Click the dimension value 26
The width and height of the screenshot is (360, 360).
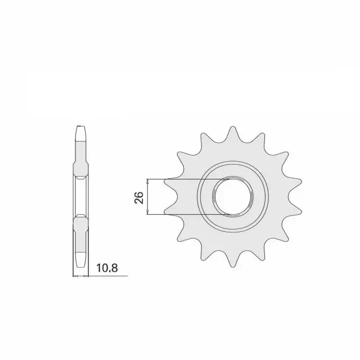(139, 197)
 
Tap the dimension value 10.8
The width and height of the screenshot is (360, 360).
(107, 268)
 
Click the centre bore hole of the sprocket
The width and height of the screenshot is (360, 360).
(233, 197)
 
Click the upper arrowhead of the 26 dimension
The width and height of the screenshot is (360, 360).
(148, 182)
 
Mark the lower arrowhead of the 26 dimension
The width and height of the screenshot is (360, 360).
(148, 211)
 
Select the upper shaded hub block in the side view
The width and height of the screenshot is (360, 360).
(80, 170)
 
